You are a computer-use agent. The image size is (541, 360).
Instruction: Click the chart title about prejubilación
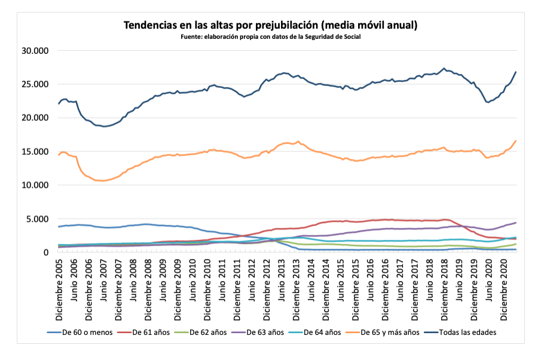[x=270, y=25]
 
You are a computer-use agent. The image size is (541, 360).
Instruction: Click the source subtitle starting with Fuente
[x=270, y=37]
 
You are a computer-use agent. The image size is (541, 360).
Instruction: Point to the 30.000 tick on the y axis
[x=34, y=51]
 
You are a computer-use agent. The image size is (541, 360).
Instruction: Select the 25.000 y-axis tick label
[x=34, y=84]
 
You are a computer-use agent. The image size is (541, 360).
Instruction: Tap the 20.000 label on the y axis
[x=34, y=118]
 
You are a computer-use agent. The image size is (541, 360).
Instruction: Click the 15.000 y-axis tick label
[x=34, y=152]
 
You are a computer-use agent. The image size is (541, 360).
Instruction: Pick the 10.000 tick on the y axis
[x=34, y=185]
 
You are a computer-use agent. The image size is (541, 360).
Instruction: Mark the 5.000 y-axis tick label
[x=36, y=219]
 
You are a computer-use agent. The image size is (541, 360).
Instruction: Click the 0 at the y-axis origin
[x=45, y=252]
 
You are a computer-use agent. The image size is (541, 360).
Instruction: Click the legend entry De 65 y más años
[x=389, y=332]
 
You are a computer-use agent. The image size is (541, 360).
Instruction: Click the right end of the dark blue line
[x=516, y=72]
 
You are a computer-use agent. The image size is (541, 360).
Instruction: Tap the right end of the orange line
[x=516, y=141]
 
